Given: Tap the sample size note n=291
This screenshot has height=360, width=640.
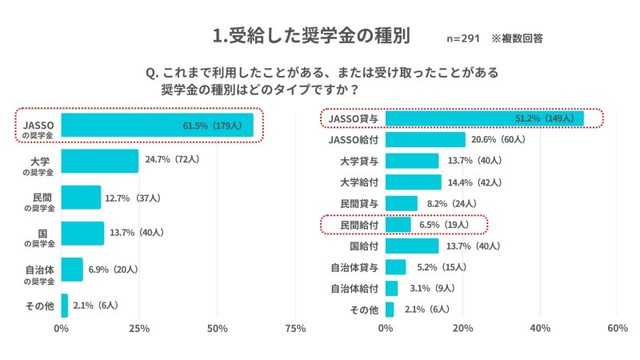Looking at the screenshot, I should click(462, 39).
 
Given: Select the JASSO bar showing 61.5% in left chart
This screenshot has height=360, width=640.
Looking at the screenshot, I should click(157, 125).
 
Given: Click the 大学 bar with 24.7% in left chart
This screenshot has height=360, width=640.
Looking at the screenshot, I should click(100, 161).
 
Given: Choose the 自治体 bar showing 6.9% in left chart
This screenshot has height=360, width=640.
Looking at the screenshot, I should click(72, 269).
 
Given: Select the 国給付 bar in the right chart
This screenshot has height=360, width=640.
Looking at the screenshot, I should click(411, 246).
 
